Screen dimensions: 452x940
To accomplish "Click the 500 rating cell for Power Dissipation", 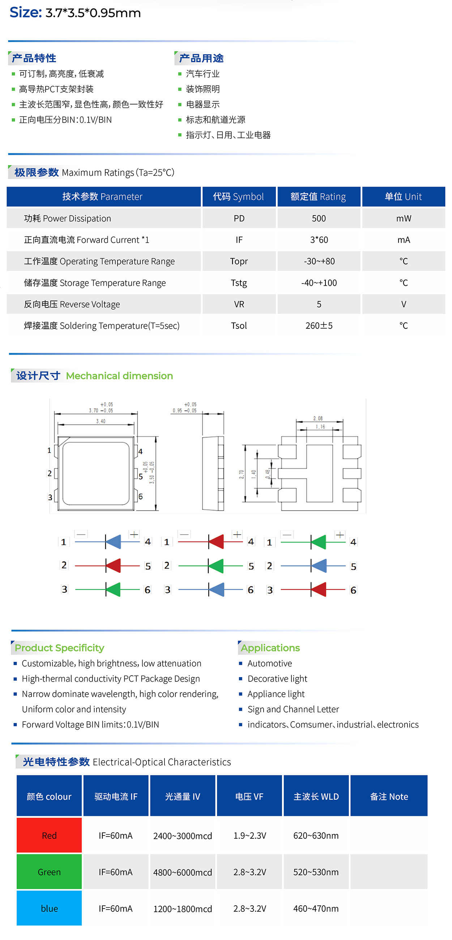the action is pyautogui.click(x=319, y=218).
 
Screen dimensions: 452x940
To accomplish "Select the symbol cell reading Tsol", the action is pyautogui.click(x=239, y=326).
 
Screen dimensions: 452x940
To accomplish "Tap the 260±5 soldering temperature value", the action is pyautogui.click(x=319, y=326).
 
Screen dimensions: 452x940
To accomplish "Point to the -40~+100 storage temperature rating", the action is pyautogui.click(x=319, y=283).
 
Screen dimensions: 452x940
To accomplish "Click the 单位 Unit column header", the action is pyautogui.click(x=403, y=197).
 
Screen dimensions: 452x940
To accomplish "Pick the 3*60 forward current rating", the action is pyautogui.click(x=319, y=240).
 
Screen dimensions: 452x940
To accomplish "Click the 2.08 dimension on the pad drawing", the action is pyautogui.click(x=318, y=418).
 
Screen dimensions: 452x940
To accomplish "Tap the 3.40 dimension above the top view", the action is pyautogui.click(x=101, y=421).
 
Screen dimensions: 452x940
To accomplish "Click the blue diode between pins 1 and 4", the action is pyautogui.click(x=113, y=542).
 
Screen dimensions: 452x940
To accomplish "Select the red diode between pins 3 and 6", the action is pyautogui.click(x=319, y=589).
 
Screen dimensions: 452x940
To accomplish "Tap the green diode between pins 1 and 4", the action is pyautogui.click(x=319, y=542).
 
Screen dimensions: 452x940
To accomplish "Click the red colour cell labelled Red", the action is pyautogui.click(x=49, y=835).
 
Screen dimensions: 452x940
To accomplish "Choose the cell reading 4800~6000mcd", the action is pyautogui.click(x=182, y=872).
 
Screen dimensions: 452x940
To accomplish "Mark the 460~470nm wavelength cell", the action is pyautogui.click(x=316, y=908).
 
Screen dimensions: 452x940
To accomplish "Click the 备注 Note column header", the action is pyautogui.click(x=389, y=796).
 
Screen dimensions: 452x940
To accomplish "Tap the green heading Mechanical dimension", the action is pyautogui.click(x=119, y=376).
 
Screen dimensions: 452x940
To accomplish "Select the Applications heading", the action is pyautogui.click(x=270, y=648).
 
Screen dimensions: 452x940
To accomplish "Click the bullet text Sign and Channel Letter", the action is pyautogui.click(x=293, y=709).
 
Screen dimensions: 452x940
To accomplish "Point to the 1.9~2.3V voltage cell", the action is pyautogui.click(x=250, y=835).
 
